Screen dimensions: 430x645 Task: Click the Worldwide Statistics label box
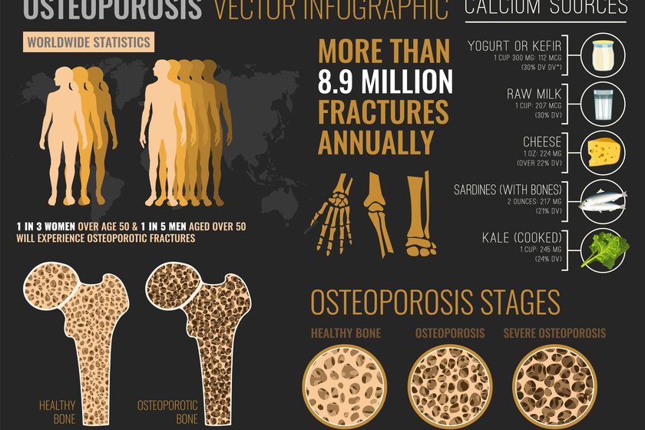[x=88, y=41]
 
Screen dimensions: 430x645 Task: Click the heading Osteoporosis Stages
[x=435, y=303]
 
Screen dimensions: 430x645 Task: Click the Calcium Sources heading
[x=546, y=8]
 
